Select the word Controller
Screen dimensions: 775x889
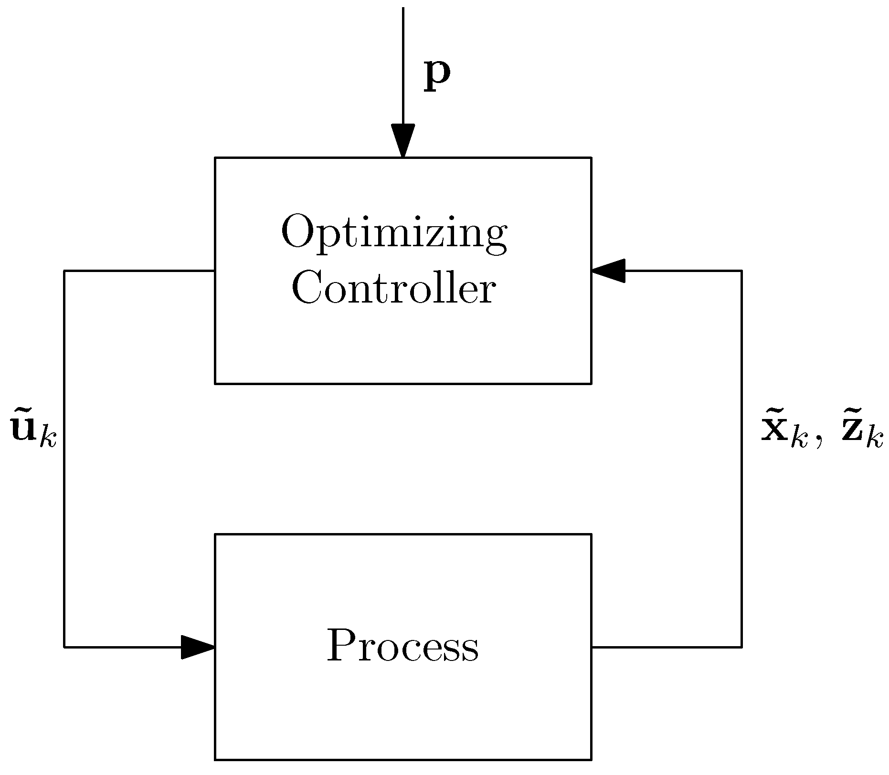(x=393, y=289)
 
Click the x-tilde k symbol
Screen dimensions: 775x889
(x=783, y=432)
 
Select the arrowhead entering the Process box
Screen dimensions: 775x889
(x=197, y=647)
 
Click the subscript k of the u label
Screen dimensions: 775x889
(x=48, y=438)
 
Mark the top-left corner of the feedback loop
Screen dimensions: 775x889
(x=64, y=271)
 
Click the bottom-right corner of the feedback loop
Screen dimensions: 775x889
(x=741, y=647)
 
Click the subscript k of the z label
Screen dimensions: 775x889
(x=875, y=438)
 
